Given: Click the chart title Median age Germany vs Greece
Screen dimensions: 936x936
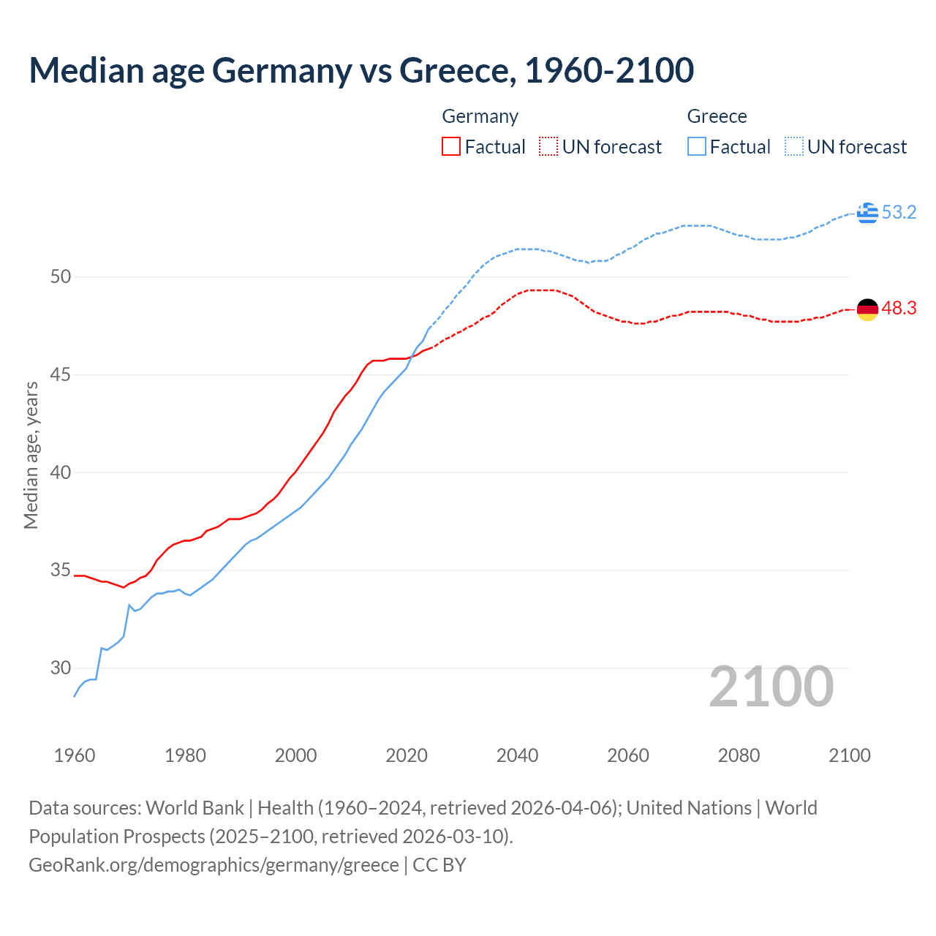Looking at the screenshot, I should (361, 71).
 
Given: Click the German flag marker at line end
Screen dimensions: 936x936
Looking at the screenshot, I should (867, 309).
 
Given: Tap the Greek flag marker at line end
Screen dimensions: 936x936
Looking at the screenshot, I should (867, 213).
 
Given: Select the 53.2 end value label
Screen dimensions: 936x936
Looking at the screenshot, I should (899, 213).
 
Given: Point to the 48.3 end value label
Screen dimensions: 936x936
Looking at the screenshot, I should (899, 309).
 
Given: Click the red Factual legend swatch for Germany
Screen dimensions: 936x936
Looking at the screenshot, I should (451, 147).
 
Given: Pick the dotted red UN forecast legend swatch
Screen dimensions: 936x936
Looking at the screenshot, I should (548, 147).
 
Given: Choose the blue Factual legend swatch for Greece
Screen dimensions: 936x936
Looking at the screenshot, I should (697, 147).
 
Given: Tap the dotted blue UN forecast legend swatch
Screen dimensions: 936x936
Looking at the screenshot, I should (794, 147).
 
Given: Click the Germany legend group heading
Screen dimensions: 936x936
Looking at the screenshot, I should (480, 116).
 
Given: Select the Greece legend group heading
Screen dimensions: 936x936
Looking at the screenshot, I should (717, 116).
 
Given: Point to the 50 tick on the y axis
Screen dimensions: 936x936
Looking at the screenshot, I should (61, 277).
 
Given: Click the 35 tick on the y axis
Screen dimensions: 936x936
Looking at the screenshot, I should (61, 570).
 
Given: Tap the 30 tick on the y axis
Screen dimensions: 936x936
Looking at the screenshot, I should (61, 668).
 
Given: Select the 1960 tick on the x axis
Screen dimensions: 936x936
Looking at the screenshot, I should (75, 755).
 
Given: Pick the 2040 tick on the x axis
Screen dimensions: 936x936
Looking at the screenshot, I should (517, 755).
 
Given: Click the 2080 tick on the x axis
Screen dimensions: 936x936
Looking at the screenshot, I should (739, 755).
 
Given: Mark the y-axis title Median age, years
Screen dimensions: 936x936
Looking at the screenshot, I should (31, 455).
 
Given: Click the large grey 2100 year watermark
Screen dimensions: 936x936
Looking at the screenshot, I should (771, 687).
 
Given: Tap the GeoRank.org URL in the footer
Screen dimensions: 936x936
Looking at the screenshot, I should (214, 865).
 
